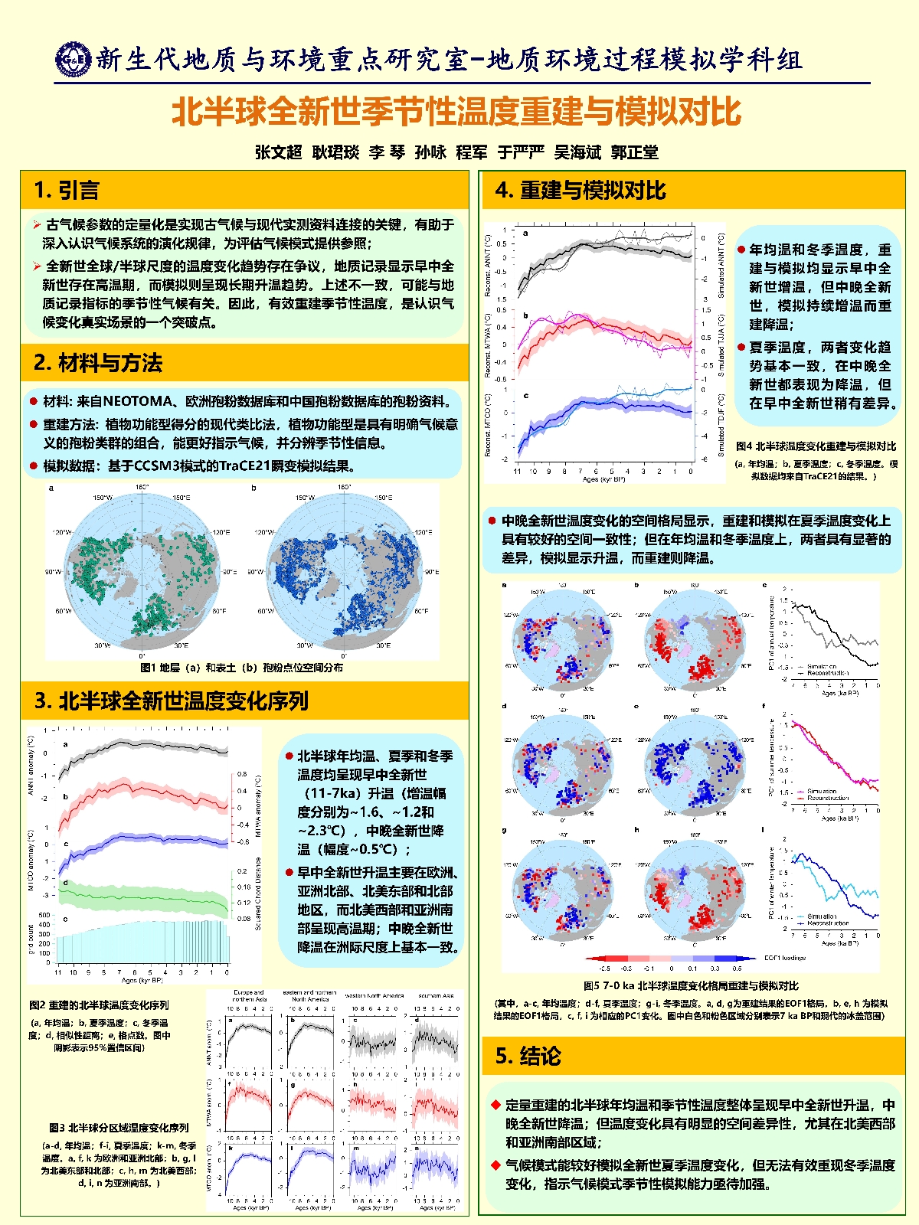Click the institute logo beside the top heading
click(74, 60)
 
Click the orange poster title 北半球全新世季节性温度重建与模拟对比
click(456, 112)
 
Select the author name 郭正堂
click(635, 152)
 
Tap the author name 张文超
click(279, 152)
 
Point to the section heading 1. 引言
click(67, 190)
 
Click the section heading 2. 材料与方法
click(98, 362)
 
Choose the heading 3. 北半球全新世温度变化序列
click(172, 700)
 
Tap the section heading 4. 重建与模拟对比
click(581, 190)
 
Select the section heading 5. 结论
click(528, 1056)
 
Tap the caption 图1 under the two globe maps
click(242, 667)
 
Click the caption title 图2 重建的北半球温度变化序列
click(99, 1004)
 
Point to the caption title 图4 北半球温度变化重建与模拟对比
click(816, 446)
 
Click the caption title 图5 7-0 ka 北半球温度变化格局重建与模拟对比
click(691, 985)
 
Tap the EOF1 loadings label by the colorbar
click(785, 958)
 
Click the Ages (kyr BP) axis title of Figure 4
click(604, 479)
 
